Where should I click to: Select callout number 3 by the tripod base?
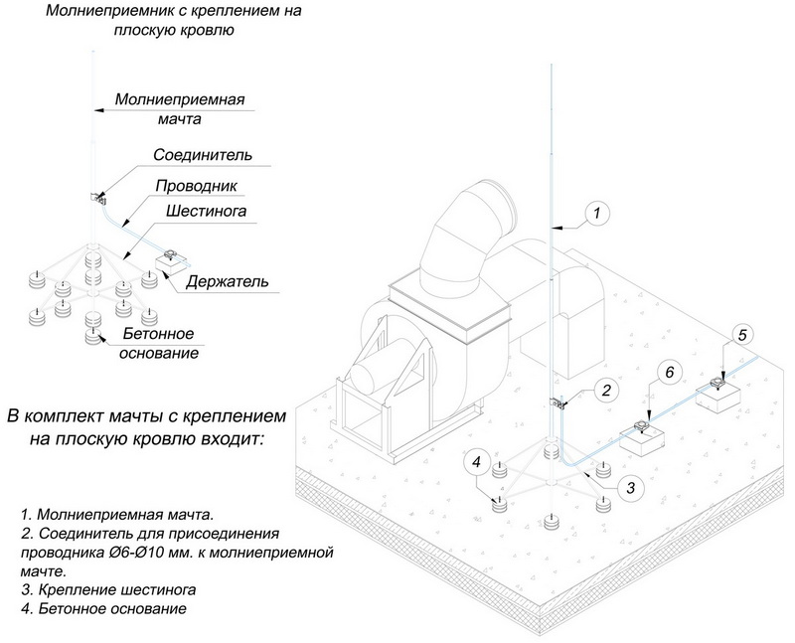627,486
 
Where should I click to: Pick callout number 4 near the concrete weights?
477,462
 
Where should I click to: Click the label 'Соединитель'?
203,155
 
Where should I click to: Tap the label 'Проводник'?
196,186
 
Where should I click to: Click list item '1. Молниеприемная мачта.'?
116,516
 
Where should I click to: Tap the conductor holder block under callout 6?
641,437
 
